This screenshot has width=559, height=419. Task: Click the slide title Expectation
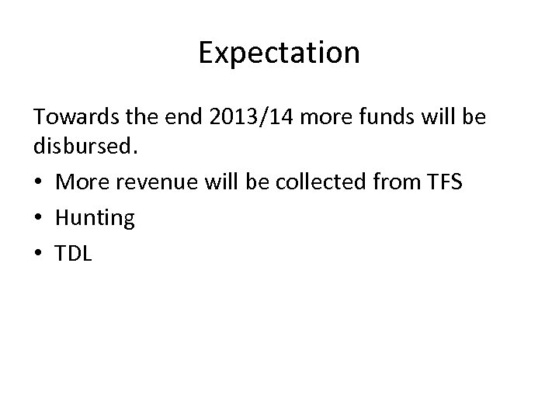click(279, 54)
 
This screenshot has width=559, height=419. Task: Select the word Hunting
click(95, 219)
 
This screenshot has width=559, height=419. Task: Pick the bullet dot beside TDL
click(38, 254)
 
